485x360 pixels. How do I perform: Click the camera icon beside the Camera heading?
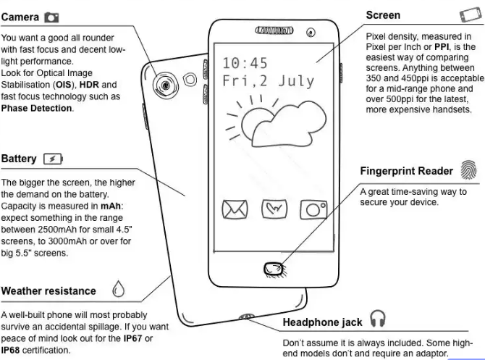(51, 17)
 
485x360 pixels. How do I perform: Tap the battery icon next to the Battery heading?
(53, 159)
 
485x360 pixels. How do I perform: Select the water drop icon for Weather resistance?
(118, 289)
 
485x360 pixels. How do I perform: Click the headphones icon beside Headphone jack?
(378, 318)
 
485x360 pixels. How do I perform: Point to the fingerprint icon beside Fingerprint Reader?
(468, 169)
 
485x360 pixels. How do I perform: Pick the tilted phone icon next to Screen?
(471, 15)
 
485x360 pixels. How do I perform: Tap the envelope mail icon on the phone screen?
(235, 209)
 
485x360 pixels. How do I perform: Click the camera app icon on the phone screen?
(313, 209)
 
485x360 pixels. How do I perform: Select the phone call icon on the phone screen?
(274, 209)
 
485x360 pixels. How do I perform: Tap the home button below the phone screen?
(274, 269)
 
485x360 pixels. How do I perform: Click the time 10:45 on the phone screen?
(245, 63)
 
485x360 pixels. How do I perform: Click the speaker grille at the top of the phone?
(274, 30)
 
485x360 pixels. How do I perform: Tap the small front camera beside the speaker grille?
(311, 32)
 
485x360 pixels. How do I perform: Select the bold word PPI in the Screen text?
(442, 47)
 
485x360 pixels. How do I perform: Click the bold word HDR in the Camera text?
(89, 85)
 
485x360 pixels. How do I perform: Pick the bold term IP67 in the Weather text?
(132, 338)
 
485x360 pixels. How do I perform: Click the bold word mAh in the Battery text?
(111, 206)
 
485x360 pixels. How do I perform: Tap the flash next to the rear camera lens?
(190, 80)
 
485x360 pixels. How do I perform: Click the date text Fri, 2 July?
(268, 81)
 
